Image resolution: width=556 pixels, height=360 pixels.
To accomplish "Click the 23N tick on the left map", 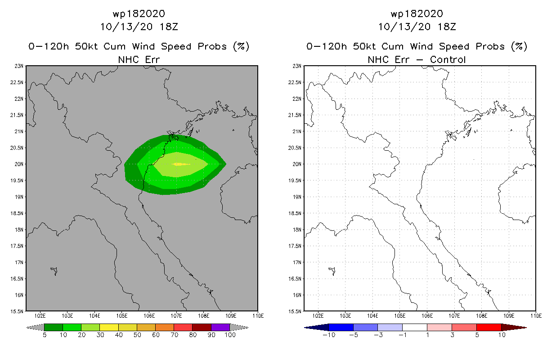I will pos(18,66).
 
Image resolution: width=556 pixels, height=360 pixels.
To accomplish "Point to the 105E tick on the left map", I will pos(122,315).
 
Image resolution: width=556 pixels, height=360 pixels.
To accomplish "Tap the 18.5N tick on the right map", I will pos(296,213).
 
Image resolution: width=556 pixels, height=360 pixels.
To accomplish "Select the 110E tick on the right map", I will pos(536,315).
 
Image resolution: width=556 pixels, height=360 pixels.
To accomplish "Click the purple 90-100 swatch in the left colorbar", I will pos(220,327).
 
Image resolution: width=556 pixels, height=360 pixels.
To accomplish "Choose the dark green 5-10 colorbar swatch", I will pos(54,327).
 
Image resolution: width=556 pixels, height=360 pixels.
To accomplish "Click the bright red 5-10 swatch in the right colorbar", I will pos(489,327).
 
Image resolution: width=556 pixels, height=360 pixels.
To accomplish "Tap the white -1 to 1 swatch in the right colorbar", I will pos(414,327).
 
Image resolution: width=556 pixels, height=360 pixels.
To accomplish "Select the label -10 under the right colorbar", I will pos(329,335).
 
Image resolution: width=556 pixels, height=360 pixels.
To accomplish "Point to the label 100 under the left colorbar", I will pos(230,335).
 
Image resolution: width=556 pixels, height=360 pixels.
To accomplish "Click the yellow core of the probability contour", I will pos(179,164).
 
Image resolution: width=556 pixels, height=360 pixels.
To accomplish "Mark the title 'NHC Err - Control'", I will pos(417,59).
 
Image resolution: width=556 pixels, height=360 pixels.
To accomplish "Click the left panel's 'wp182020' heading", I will pos(139,13).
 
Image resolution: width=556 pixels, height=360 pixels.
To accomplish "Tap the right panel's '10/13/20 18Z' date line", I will pos(417,27).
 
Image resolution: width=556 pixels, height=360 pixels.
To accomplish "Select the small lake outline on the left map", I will pos(54,270).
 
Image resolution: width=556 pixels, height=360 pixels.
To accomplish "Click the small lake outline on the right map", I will pos(332,270).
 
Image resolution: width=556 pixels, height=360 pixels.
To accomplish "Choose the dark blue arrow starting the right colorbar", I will pos(316,327).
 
